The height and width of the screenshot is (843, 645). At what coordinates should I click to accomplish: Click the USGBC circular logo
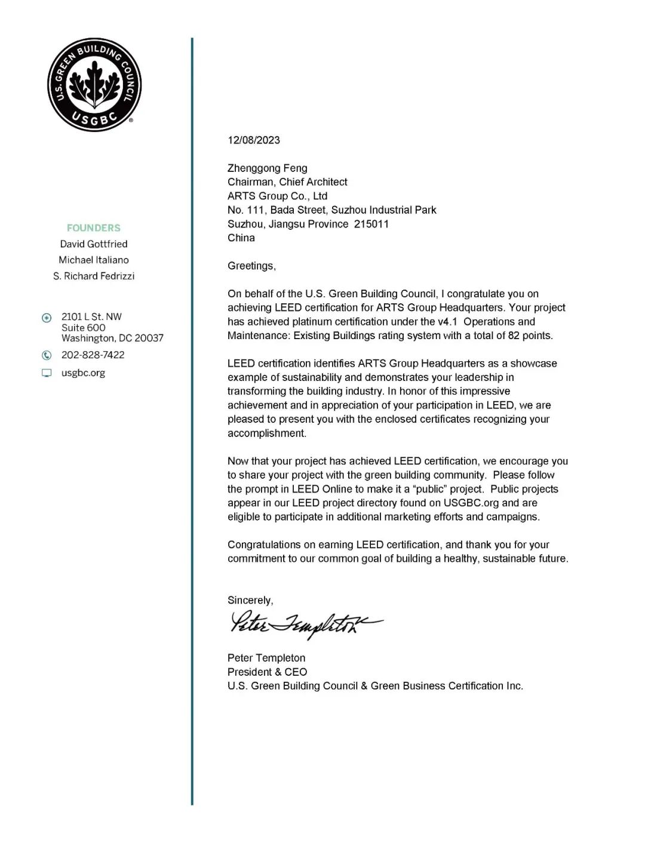tap(94, 85)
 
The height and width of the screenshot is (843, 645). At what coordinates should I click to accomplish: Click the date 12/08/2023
tap(253, 140)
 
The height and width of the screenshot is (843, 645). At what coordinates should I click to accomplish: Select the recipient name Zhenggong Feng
tap(267, 168)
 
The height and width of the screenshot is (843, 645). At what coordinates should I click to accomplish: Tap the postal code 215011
tap(371, 224)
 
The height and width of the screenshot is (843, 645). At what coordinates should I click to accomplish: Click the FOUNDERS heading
tap(94, 228)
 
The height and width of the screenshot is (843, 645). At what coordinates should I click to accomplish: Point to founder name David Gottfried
tap(94, 244)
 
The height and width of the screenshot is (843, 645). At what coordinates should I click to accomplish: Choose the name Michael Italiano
tap(94, 260)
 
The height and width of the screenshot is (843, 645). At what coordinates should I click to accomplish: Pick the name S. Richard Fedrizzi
tap(94, 276)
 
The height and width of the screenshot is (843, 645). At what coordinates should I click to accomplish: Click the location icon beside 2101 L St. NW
tap(47, 318)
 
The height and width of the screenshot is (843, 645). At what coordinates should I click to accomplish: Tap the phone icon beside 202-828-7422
tap(47, 355)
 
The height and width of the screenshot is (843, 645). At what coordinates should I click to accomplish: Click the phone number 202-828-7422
tap(93, 355)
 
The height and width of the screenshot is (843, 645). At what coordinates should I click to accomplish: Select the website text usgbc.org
tap(83, 373)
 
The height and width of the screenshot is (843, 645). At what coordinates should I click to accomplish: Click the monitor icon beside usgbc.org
tap(47, 373)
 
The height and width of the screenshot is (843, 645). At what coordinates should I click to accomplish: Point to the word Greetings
tap(251, 266)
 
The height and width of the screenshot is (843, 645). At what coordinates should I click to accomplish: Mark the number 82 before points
tap(514, 336)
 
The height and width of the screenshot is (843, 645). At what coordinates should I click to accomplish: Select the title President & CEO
tap(267, 672)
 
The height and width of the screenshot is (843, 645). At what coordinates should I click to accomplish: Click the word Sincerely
tap(250, 601)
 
